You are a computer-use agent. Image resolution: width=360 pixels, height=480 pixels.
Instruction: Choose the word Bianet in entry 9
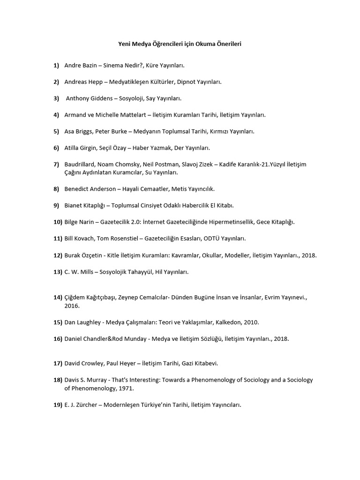click(74, 205)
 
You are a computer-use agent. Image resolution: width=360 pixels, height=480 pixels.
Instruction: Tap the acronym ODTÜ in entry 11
click(211, 238)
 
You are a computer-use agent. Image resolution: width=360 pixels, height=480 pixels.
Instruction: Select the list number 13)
click(58, 271)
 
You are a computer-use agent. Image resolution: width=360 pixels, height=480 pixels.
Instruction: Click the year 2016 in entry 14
click(72, 306)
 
